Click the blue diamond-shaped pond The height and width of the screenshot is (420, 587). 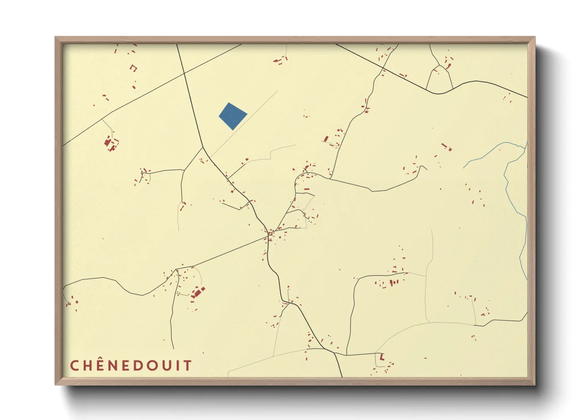tap(233, 116)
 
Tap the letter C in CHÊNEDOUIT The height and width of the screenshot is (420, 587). tap(75, 365)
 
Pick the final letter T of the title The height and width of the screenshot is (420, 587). tap(188, 365)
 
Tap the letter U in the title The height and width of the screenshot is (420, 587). tap(168, 365)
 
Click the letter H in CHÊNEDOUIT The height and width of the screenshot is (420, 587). tap(89, 365)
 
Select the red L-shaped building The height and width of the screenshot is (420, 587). tap(382, 356)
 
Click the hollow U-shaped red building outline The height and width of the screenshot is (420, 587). tap(134, 68)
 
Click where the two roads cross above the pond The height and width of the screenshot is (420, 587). tap(184, 73)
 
